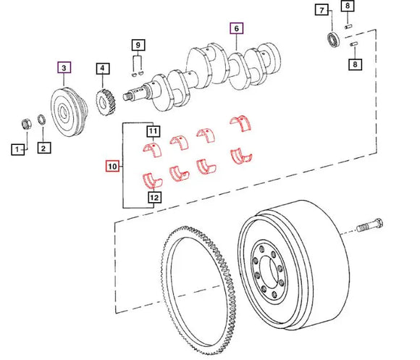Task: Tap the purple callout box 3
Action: tap(64, 69)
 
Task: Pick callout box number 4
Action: tap(104, 70)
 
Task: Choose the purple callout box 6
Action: tap(235, 29)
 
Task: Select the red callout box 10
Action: tap(113, 167)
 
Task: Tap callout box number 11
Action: tap(153, 131)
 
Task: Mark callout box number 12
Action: tap(153, 196)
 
